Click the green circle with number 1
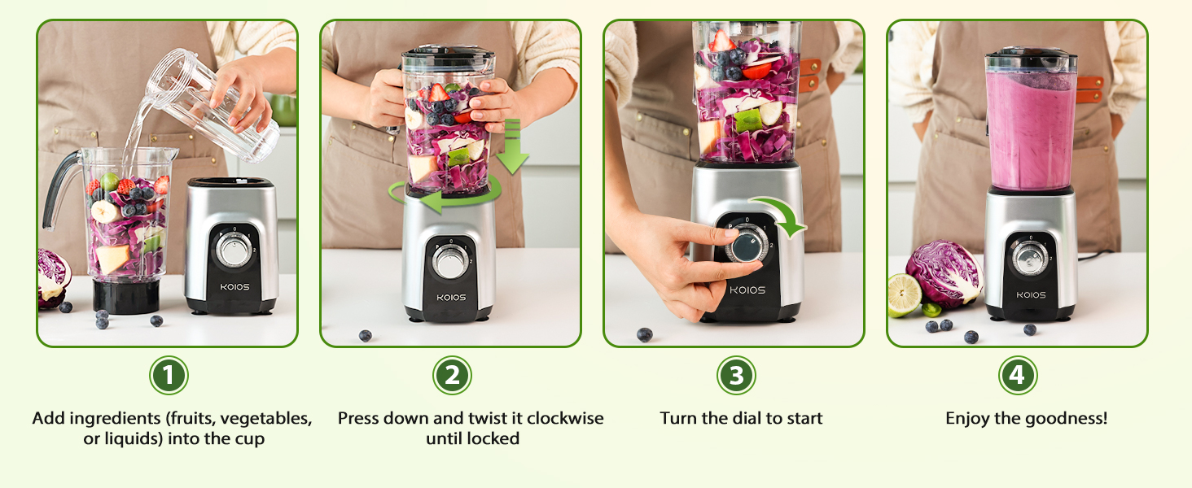pyautogui.click(x=169, y=376)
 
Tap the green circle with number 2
pyautogui.click(x=452, y=376)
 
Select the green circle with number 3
pyautogui.click(x=736, y=376)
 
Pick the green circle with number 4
pyautogui.click(x=1018, y=376)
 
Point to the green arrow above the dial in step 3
pyautogui.click(x=780, y=213)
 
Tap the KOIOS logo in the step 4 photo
pyautogui.click(x=1029, y=294)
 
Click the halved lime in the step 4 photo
pyautogui.click(x=905, y=294)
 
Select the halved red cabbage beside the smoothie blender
pyautogui.click(x=944, y=272)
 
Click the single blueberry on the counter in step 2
pyautogui.click(x=366, y=335)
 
